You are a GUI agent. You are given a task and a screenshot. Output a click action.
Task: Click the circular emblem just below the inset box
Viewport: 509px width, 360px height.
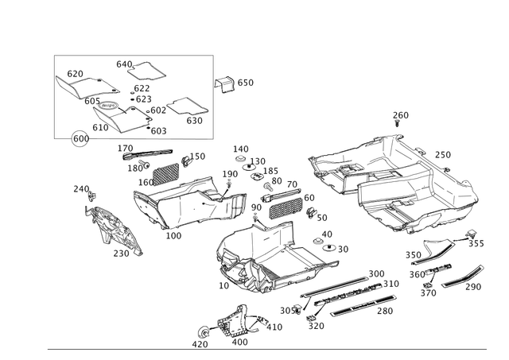tap(80, 139)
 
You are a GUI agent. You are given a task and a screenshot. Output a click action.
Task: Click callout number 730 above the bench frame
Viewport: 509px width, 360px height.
tap(401, 115)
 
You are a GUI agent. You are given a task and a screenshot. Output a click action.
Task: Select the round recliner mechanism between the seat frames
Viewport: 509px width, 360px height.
tap(235, 205)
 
